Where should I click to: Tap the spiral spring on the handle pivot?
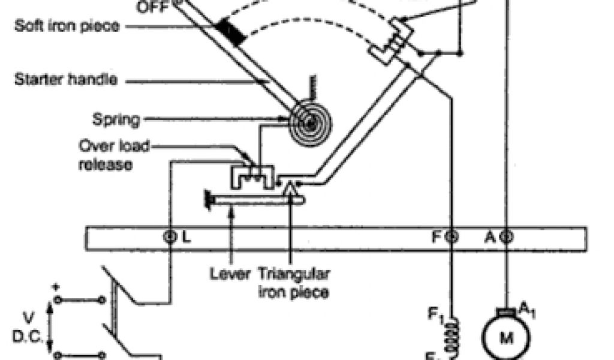click(308, 124)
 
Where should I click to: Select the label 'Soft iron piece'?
click(67, 27)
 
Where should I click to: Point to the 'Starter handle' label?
click(66, 79)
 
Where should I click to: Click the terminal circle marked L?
click(170, 236)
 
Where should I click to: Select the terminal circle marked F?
click(452, 236)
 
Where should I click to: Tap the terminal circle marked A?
click(506, 236)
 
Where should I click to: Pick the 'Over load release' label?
click(114, 154)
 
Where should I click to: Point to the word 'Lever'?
click(230, 275)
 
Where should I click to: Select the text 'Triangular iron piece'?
click(293, 283)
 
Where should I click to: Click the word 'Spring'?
click(116, 119)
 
